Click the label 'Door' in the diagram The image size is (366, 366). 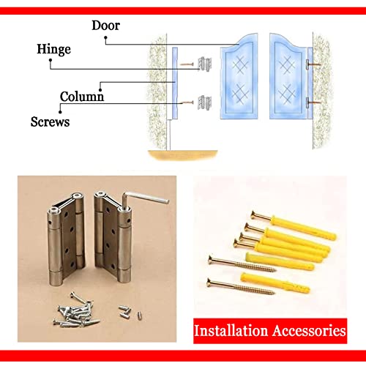point(106,26)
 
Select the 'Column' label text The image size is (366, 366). point(81,96)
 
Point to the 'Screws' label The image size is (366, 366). point(51,122)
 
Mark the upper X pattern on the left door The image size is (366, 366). point(239,64)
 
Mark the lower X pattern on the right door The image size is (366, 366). point(286,95)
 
